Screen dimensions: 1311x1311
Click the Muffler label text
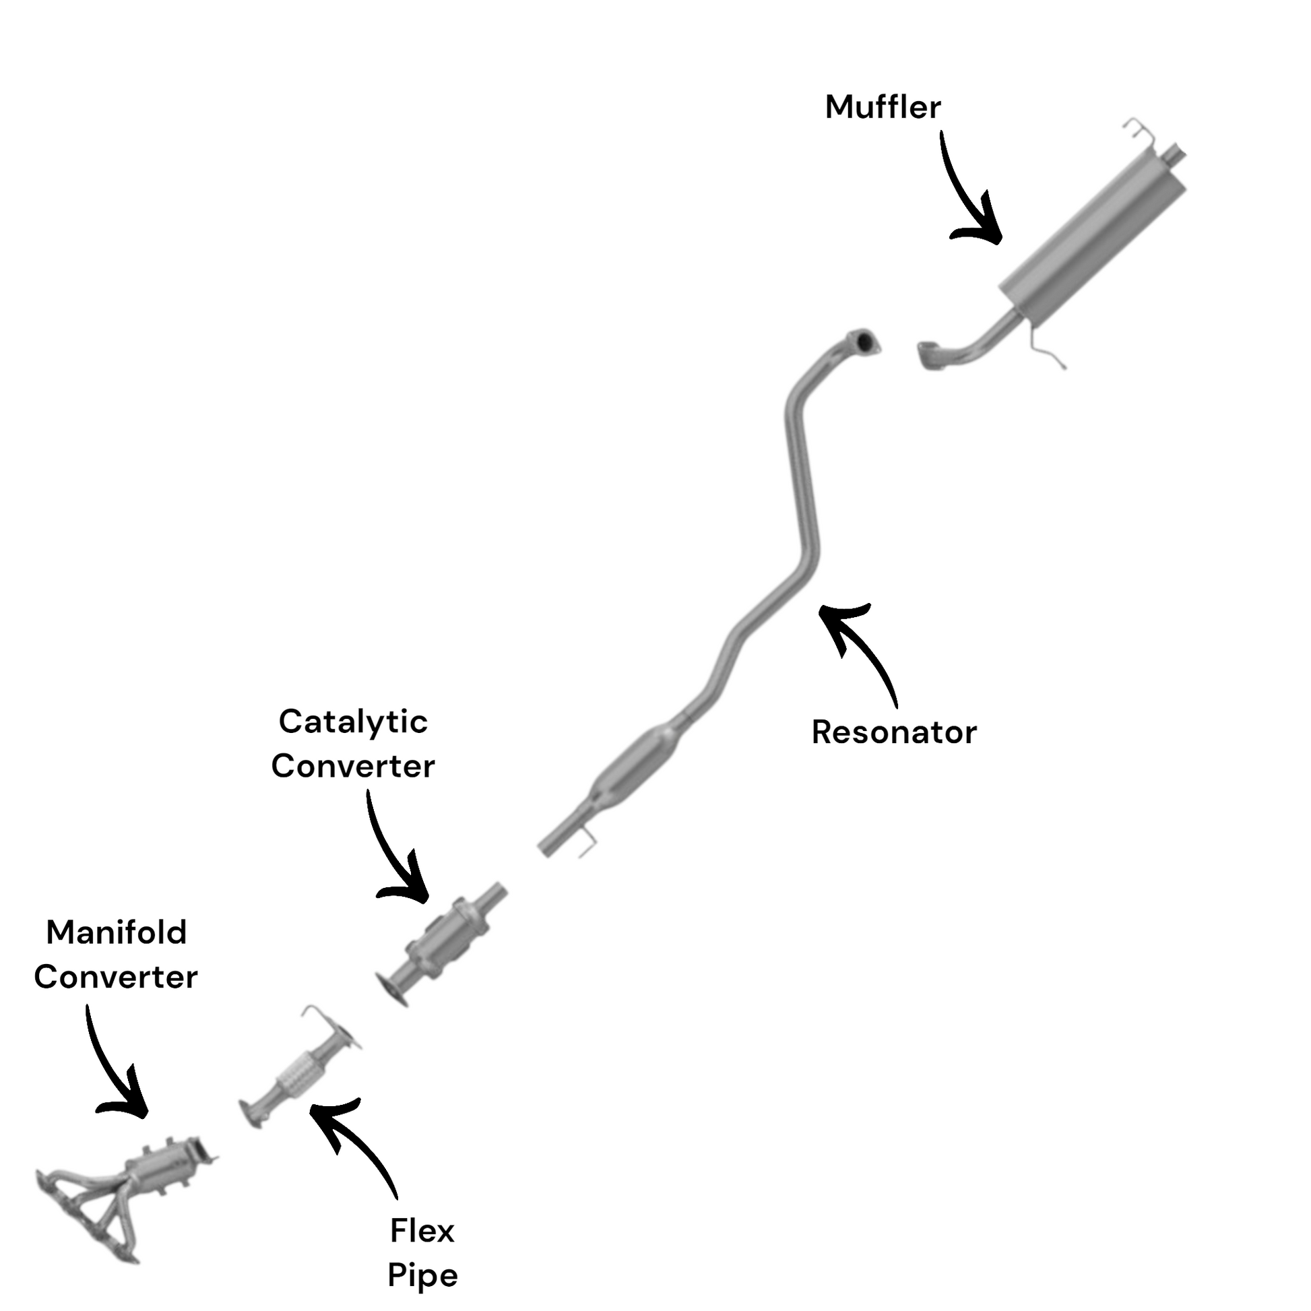[882, 107]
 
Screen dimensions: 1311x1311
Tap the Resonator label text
[894, 733]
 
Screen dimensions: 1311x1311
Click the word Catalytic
[353, 722]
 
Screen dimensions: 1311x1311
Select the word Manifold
[116, 932]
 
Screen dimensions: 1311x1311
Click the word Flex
[422, 1230]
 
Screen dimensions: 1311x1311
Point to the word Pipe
[422, 1275]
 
